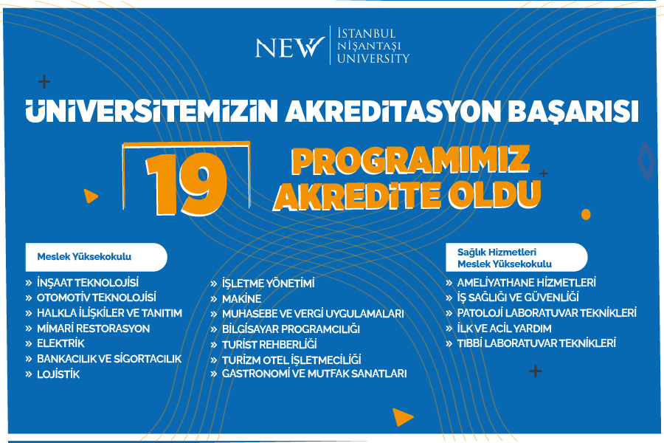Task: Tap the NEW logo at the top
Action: point(290,47)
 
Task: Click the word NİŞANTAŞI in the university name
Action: point(369,46)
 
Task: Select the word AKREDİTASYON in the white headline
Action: point(392,111)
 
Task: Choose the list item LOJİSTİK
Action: point(58,374)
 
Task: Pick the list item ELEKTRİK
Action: point(60,343)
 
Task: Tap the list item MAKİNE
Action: point(242,299)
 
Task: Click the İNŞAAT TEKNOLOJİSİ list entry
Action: point(88,283)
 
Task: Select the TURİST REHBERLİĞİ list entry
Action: point(269,345)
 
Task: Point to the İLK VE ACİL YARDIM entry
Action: point(504,329)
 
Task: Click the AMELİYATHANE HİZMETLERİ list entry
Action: point(526,282)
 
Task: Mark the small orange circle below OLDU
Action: point(586,215)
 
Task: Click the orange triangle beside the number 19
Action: point(90,196)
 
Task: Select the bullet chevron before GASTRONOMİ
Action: point(214,374)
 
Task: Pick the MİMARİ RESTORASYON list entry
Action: point(93,329)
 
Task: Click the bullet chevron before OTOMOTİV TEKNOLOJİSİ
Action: point(29,298)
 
